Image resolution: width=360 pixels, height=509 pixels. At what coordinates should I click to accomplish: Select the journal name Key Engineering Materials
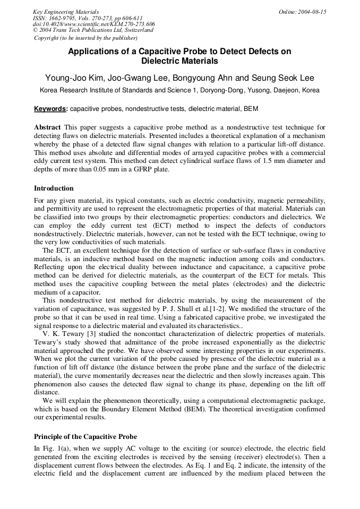pos(65,12)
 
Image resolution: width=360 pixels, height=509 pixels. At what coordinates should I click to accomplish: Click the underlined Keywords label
pos(50,109)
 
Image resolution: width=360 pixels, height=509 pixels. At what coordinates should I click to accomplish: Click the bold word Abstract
pos(48,128)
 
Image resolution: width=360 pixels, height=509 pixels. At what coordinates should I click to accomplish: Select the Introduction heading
pos(54,188)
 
